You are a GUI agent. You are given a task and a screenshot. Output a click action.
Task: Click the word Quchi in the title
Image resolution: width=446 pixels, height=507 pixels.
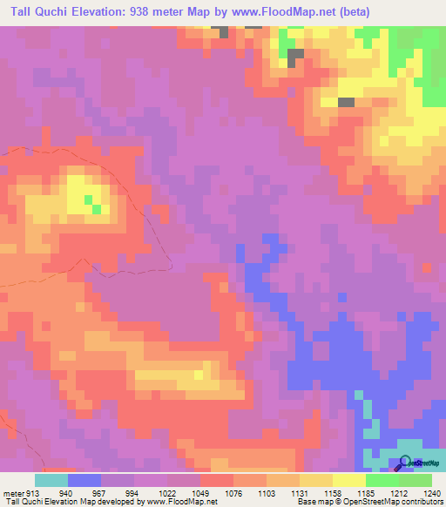(51, 12)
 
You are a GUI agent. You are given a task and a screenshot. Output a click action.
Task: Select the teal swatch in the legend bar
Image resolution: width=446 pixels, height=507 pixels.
(51, 480)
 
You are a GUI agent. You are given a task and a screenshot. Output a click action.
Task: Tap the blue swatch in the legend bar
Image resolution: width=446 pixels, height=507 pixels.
(84, 480)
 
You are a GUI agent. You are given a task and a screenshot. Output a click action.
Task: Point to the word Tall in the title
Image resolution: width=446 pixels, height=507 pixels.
(16, 12)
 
